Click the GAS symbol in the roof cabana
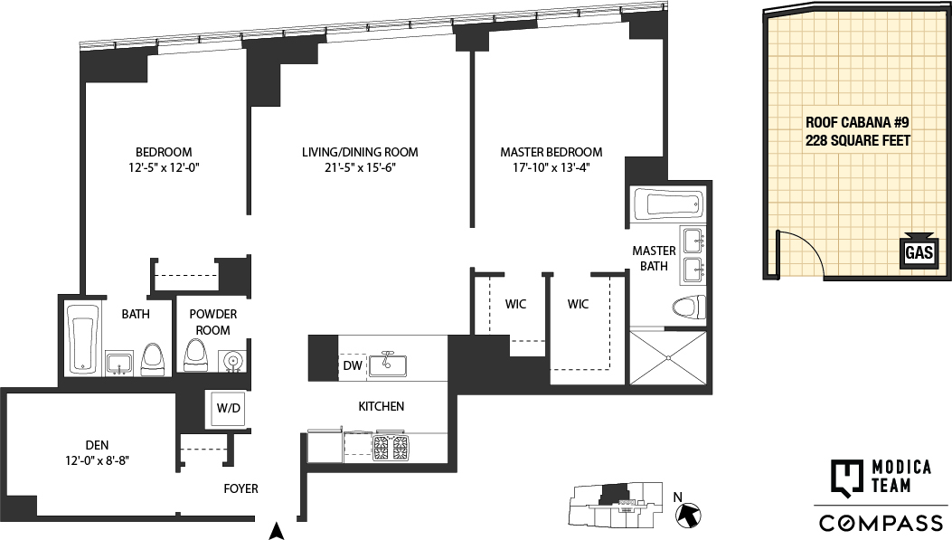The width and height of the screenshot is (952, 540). pos(919,252)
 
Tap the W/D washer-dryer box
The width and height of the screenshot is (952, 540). pos(228,408)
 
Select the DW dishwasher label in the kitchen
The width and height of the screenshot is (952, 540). pos(352,365)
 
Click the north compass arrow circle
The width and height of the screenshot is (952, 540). pos(690,515)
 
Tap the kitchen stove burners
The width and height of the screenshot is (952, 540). pos(391,444)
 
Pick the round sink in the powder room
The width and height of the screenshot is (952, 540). pos(232,361)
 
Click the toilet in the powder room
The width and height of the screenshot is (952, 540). pos(195,356)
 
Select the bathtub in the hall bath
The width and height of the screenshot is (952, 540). pos(82,339)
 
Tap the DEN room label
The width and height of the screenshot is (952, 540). pos(98,444)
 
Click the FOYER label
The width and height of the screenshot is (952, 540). pos(241,488)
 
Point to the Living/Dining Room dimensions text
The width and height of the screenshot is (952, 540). pos(360,167)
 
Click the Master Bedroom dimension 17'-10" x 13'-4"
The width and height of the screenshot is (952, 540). pos(551,167)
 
